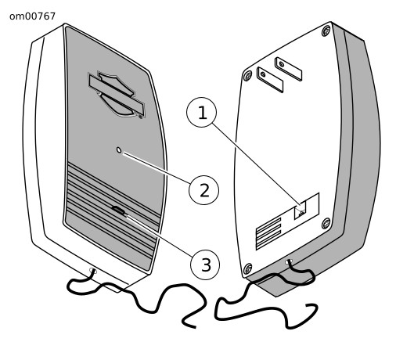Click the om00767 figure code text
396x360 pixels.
32,16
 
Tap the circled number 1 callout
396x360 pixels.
201,112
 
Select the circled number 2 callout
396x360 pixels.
203,190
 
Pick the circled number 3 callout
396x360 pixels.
205,265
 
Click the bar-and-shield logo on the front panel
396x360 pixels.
117,95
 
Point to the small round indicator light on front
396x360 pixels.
119,150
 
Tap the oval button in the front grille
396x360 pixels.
118,210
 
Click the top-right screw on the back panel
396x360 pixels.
326,31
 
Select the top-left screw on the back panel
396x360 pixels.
247,76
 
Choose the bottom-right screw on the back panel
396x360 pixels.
326,224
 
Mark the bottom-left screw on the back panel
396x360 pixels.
247,268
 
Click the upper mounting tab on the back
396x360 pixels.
288,69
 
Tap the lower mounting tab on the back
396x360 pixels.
270,80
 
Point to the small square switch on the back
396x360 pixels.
300,211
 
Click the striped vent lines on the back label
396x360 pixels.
268,233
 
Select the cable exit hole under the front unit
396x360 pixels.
93,271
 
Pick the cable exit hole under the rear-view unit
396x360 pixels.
289,261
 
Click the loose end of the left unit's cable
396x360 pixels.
195,327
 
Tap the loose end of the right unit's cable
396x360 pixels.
308,304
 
